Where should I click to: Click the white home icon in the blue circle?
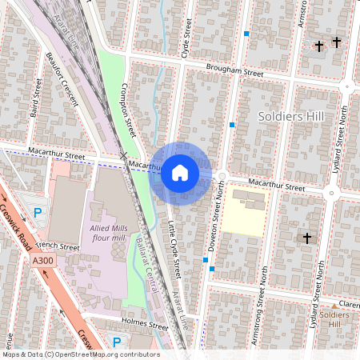point(180,173)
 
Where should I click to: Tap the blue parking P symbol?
point(38,213)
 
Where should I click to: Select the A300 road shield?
point(43,261)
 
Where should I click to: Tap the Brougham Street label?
point(234,72)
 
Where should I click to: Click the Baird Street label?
point(36,102)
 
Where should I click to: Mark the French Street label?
point(58,247)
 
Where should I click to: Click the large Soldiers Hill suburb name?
point(291,117)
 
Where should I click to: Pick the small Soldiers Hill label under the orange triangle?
point(334,319)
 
